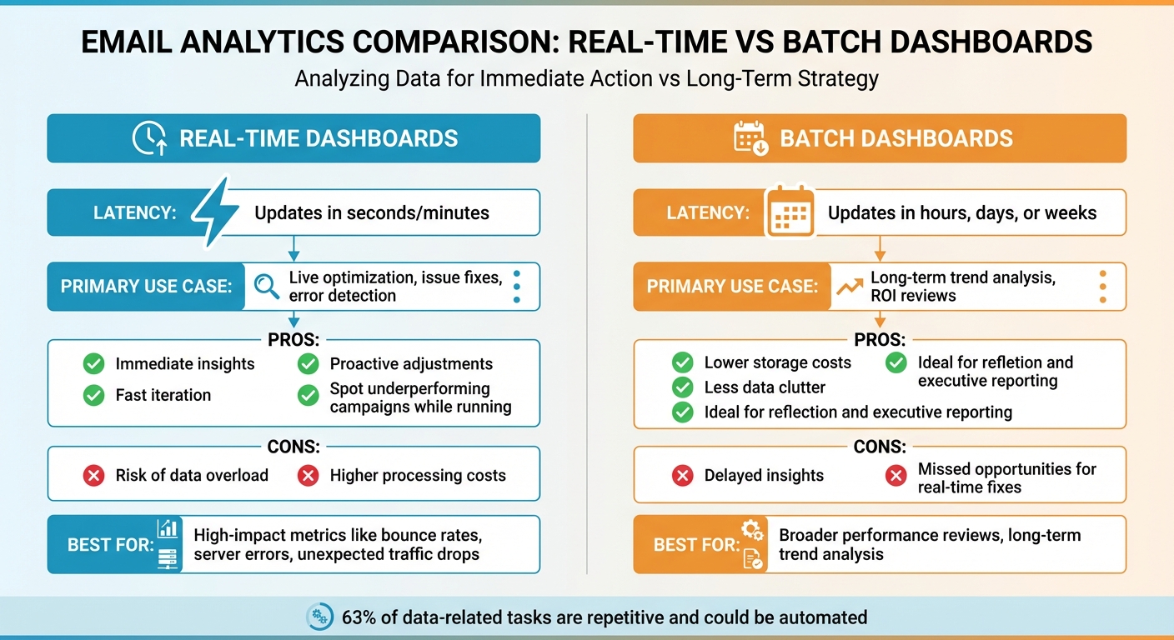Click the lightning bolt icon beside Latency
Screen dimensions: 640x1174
click(x=214, y=212)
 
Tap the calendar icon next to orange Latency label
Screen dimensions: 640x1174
click(x=789, y=212)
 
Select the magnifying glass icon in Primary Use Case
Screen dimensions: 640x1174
click(x=266, y=287)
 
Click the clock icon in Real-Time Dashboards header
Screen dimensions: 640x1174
click(x=149, y=138)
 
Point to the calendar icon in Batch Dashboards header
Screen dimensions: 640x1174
click(x=750, y=138)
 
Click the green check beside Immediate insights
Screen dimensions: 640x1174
click(x=94, y=363)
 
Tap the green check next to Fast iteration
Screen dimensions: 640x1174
click(x=94, y=395)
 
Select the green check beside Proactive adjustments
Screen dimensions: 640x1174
click(x=309, y=363)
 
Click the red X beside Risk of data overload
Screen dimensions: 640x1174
click(x=94, y=475)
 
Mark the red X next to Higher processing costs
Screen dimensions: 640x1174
click(x=309, y=475)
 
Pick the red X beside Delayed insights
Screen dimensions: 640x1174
click(x=682, y=475)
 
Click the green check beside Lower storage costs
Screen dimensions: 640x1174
click(x=682, y=362)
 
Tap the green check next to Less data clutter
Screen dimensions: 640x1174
click(x=682, y=387)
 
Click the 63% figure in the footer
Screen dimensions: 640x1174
click(x=358, y=617)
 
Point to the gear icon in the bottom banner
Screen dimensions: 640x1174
click(x=319, y=617)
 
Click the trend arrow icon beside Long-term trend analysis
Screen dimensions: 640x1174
click(x=849, y=287)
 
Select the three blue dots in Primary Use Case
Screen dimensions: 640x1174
click(x=517, y=287)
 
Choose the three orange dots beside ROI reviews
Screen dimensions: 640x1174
click(x=1102, y=287)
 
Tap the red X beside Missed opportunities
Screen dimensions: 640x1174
click(x=896, y=475)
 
